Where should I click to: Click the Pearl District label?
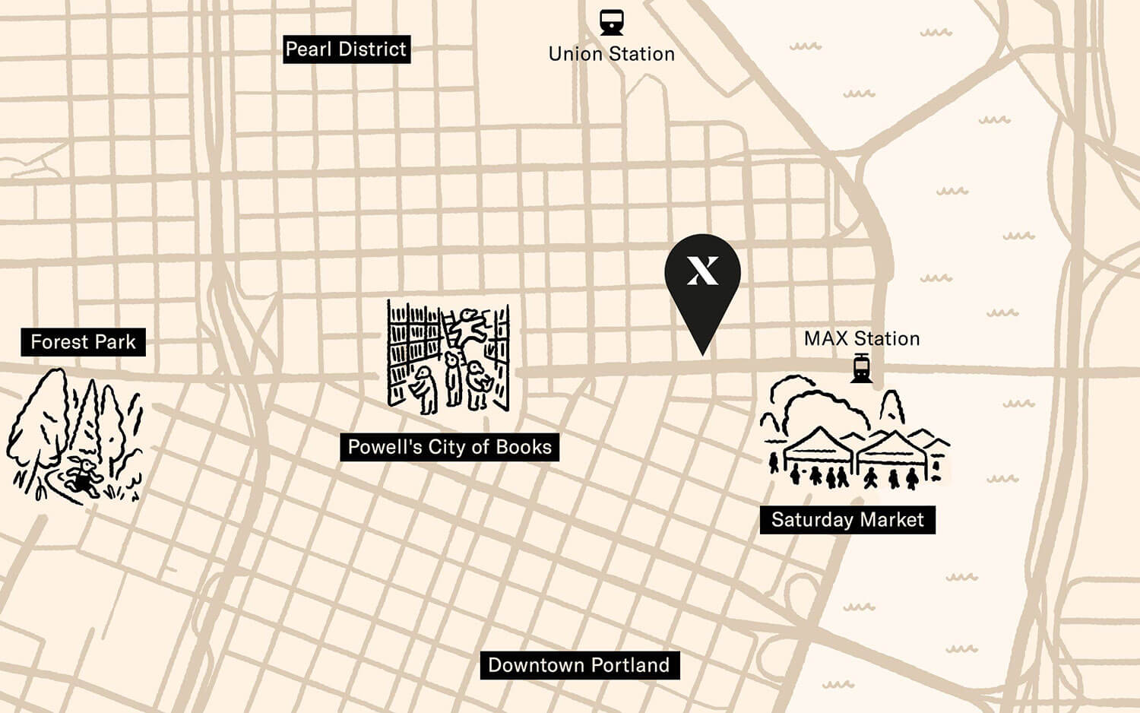[347, 49]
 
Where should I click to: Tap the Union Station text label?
[611, 54]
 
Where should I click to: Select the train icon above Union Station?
[611, 21]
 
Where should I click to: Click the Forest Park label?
[83, 342]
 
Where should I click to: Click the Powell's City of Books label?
[449, 447]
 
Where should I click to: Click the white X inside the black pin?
[702, 271]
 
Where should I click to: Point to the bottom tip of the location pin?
[702, 353]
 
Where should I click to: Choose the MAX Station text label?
[862, 339]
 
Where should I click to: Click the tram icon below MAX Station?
[861, 369]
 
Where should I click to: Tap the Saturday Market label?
[847, 520]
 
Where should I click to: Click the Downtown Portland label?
[579, 665]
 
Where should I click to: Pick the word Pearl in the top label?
[308, 49]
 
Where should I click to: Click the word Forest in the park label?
[59, 342]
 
